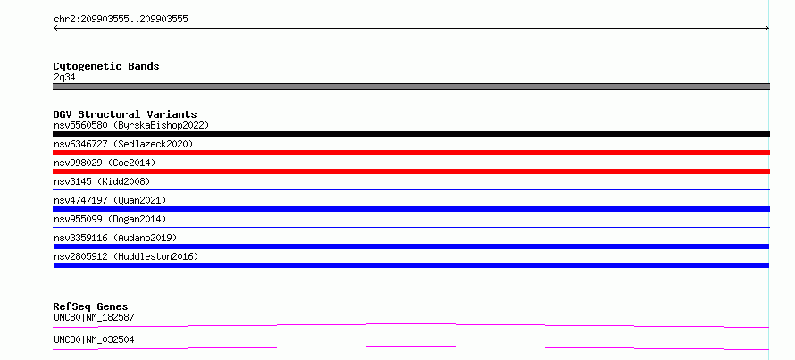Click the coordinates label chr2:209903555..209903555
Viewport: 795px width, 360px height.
tap(121, 20)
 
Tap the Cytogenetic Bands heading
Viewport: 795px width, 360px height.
tap(106, 66)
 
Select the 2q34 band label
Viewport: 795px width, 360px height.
tap(65, 78)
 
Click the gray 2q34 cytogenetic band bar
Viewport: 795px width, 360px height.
tap(411, 87)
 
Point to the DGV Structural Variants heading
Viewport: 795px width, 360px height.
tap(125, 114)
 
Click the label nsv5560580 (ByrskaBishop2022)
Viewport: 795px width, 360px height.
tap(131, 125)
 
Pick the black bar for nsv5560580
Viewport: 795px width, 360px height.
tap(411, 134)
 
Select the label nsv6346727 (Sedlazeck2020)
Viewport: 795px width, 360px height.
tap(123, 144)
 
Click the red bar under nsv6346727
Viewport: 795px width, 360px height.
tap(411, 153)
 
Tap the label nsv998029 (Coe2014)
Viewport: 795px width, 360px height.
tap(105, 163)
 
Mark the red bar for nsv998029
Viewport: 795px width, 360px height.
tap(411, 172)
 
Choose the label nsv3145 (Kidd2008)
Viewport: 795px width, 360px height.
tap(102, 181)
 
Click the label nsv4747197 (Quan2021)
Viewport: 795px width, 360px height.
tap(110, 200)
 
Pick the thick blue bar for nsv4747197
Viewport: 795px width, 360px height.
tap(411, 209)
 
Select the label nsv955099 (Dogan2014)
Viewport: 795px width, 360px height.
tap(110, 219)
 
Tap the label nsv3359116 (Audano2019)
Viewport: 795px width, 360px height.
tap(115, 238)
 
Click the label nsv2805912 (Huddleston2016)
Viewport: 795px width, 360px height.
tap(126, 256)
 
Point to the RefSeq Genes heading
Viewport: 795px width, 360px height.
tap(91, 306)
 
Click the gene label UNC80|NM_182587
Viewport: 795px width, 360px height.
tap(94, 317)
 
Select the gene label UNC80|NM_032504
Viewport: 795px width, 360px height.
tap(94, 339)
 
